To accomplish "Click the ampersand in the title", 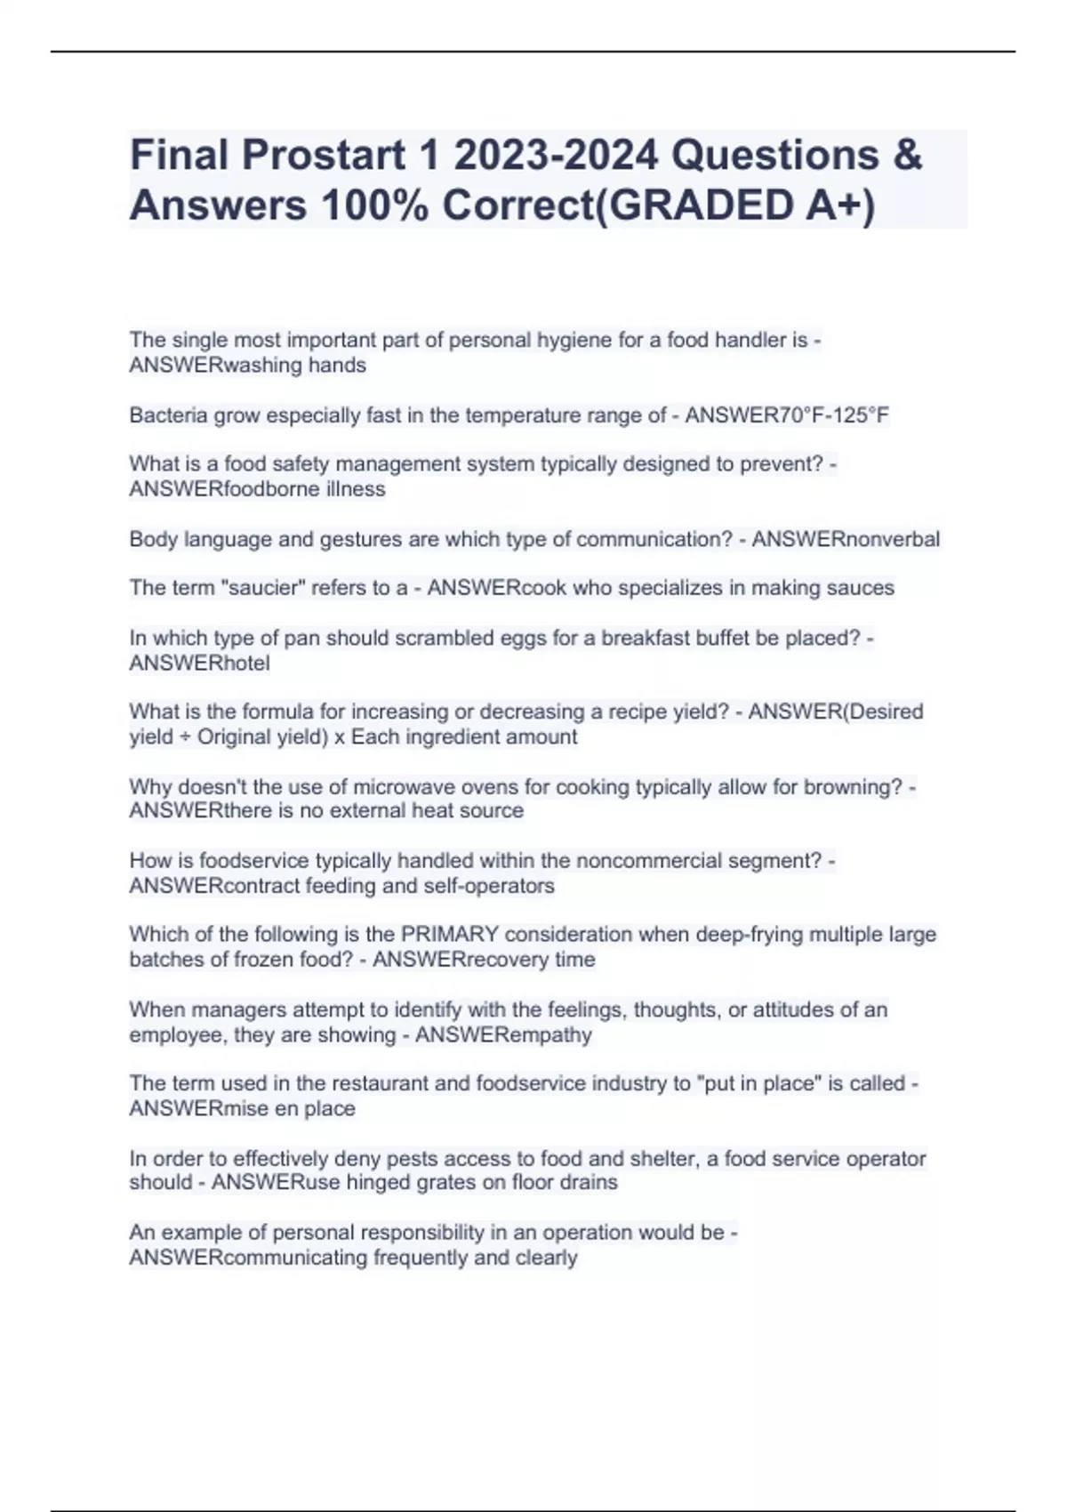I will coord(906,156).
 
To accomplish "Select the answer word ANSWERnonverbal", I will coord(846,539).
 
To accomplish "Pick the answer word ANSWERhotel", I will coord(199,663).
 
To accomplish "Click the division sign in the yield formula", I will coord(185,737).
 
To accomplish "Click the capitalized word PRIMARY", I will coord(450,935).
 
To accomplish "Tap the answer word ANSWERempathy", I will coord(503,1035).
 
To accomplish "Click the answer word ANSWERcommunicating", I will coord(248,1258).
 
